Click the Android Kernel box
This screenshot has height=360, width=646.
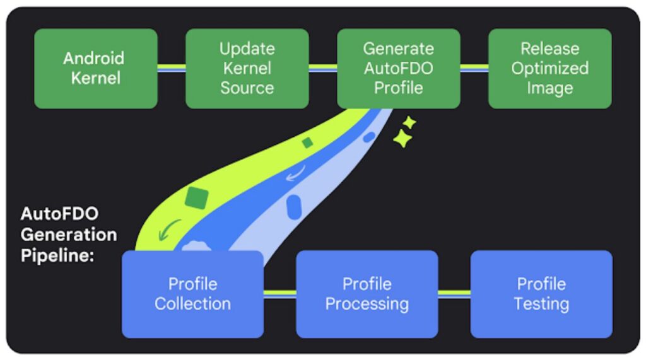pyautogui.click(x=95, y=68)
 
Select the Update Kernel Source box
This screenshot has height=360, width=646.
pyautogui.click(x=247, y=68)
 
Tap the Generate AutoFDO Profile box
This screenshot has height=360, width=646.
pyautogui.click(x=398, y=68)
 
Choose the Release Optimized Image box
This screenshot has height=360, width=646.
pyautogui.click(x=549, y=68)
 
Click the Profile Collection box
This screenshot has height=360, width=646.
pyautogui.click(x=192, y=294)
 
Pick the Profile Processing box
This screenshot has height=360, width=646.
pyautogui.click(x=367, y=294)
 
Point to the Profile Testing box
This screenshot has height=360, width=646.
pyautogui.click(x=541, y=294)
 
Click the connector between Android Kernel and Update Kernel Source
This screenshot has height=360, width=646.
pyautogui.click(x=171, y=67)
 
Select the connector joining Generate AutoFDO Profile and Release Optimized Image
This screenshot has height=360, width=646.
pyautogui.click(x=474, y=67)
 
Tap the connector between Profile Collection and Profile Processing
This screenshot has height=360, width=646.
pyautogui.click(x=279, y=293)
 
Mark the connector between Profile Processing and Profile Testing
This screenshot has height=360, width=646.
pyautogui.click(x=454, y=293)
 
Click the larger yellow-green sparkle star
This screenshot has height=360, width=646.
pyautogui.click(x=402, y=139)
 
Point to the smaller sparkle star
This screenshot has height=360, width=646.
pyautogui.click(x=409, y=122)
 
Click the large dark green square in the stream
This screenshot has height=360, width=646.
pyautogui.click(x=197, y=197)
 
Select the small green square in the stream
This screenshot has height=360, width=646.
pyautogui.click(x=307, y=143)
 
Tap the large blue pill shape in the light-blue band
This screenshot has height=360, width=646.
pyautogui.click(x=293, y=206)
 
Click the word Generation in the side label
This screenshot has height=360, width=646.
pyautogui.click(x=68, y=235)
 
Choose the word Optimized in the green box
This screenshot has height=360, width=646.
pyautogui.click(x=549, y=68)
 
